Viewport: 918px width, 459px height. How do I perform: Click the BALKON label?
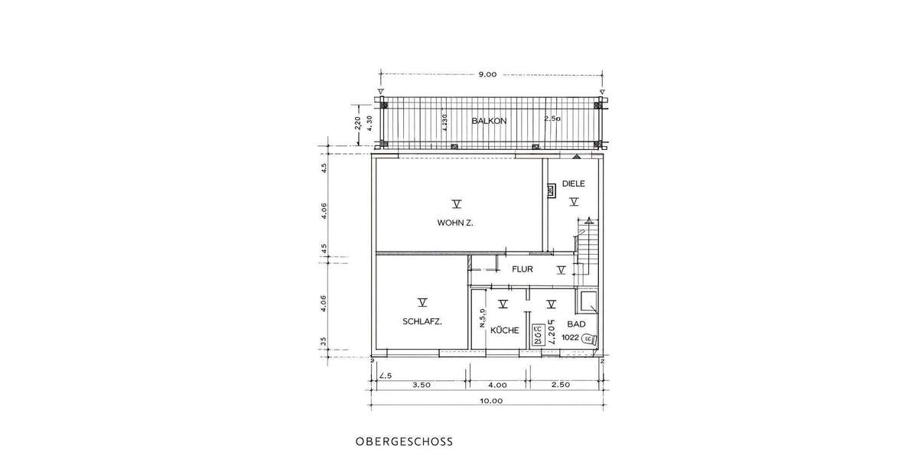[x=487, y=121]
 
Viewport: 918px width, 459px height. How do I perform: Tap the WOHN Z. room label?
[x=456, y=223]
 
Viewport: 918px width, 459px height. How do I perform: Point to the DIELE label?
[x=573, y=184]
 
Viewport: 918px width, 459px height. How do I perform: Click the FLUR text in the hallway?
[x=523, y=269]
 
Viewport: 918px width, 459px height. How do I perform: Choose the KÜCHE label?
[x=505, y=330]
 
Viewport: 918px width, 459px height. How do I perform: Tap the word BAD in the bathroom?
[x=576, y=324]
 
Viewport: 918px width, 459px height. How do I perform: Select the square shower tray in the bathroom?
[x=589, y=302]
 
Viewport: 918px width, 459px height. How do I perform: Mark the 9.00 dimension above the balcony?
[x=487, y=74]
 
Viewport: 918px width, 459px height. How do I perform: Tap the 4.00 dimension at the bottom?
[x=497, y=385]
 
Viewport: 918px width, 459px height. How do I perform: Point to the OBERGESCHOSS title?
[x=404, y=441]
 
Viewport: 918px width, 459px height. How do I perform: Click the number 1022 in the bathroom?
[x=570, y=337]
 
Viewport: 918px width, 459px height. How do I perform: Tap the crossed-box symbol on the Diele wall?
[x=550, y=191]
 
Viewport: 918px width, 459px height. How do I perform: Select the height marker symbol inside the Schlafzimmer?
[x=421, y=302]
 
